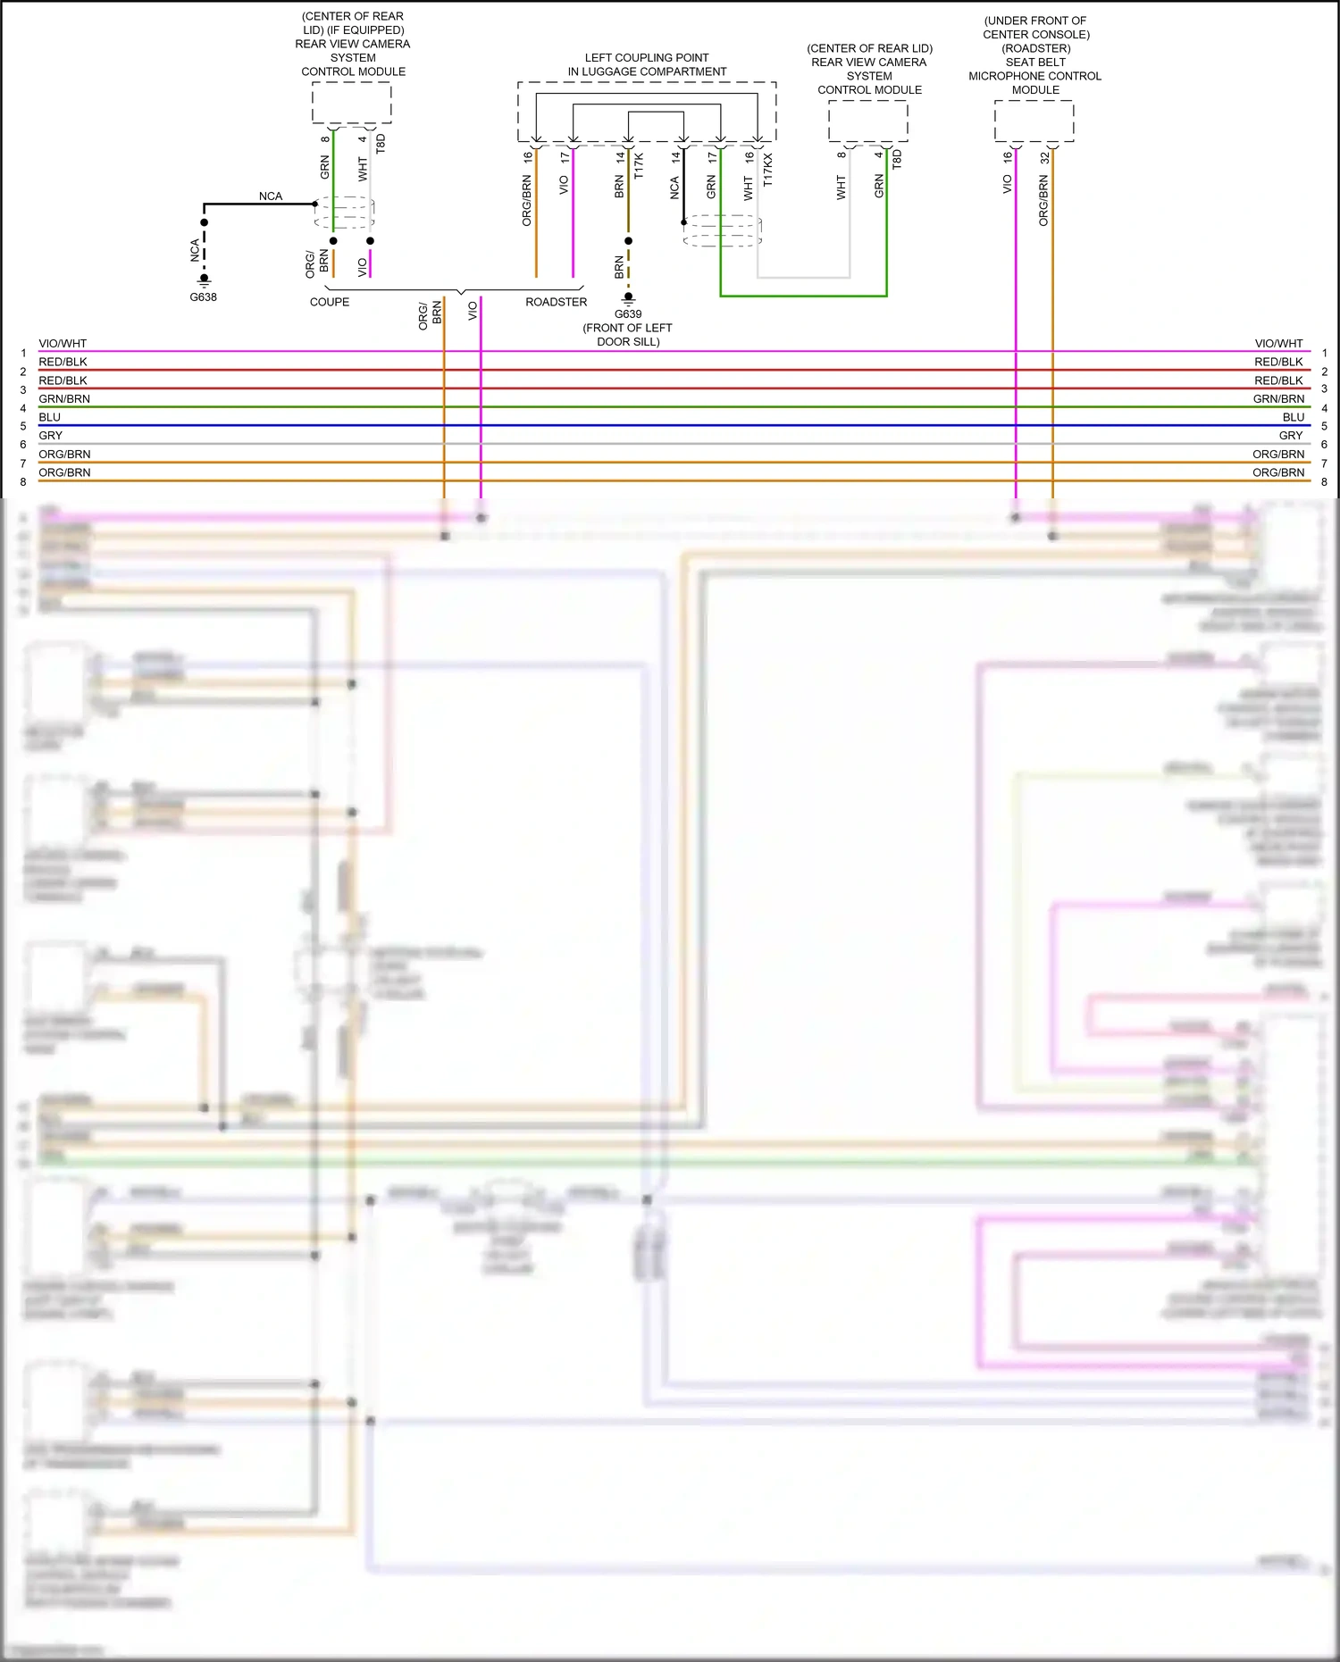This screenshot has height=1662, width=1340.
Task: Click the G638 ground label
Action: tap(203, 297)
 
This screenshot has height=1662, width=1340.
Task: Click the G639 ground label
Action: tap(628, 314)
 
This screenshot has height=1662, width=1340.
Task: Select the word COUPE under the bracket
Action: tap(330, 302)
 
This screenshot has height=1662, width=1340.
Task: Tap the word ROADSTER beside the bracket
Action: tap(556, 302)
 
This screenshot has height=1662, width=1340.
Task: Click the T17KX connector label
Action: tap(767, 170)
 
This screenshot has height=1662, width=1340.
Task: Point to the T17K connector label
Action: tap(638, 166)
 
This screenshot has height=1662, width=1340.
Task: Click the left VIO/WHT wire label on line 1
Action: tap(63, 344)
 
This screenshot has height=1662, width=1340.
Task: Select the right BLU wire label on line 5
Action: tap(1293, 417)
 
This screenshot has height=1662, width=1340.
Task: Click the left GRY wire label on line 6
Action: tap(51, 436)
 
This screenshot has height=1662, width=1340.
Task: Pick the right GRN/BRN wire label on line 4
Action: tap(1277, 399)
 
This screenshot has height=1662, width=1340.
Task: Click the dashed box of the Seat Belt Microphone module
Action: tap(1034, 121)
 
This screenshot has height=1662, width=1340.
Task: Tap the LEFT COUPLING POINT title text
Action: tap(647, 58)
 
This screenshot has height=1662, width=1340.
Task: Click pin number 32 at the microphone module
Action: tap(1044, 157)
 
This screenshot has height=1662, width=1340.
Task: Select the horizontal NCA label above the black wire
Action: tap(270, 196)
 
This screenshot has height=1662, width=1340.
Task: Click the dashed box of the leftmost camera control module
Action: tap(351, 103)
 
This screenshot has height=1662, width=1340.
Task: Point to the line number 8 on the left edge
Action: tap(23, 482)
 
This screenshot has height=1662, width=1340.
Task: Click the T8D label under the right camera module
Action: tap(897, 159)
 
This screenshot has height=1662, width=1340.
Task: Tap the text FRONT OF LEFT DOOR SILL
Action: tap(627, 335)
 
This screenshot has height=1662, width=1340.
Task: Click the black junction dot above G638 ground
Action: tap(205, 222)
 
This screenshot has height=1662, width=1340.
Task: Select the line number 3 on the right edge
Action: tap(1324, 389)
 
